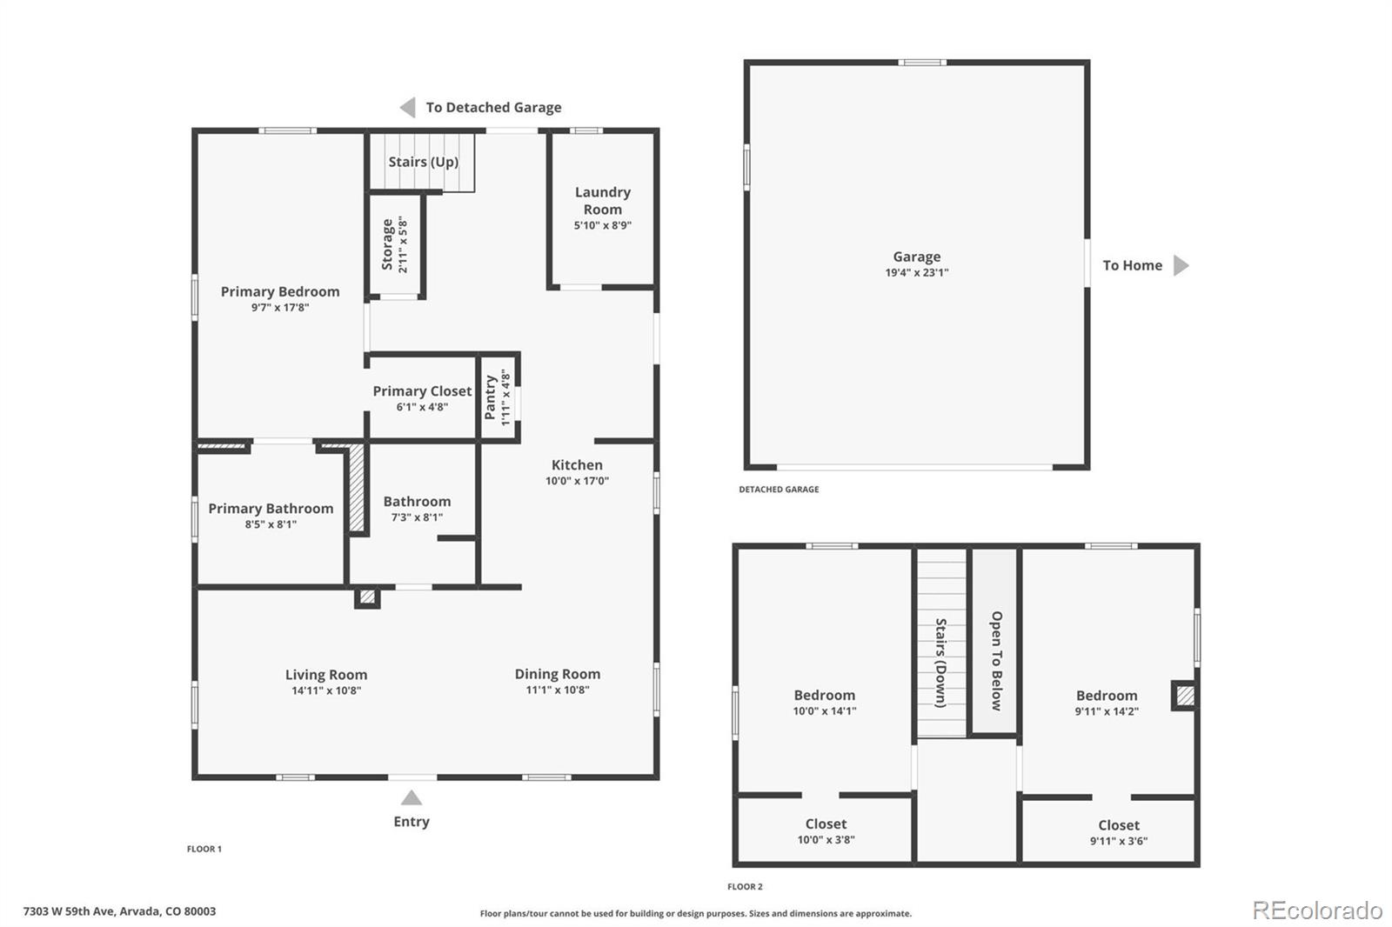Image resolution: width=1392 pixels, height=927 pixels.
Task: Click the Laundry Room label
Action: click(x=602, y=201)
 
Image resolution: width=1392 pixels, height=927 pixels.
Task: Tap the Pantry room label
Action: click(x=491, y=397)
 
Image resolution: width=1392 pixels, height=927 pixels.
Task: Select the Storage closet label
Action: click(x=387, y=244)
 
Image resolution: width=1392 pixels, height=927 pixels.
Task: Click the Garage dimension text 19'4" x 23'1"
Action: click(x=917, y=273)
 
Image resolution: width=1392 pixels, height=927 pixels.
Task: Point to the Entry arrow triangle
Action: click(x=412, y=798)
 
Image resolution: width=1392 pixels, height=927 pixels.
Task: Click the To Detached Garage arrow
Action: click(x=407, y=107)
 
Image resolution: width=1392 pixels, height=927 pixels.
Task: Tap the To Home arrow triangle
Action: click(x=1181, y=265)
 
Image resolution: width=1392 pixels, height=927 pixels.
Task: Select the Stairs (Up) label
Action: click(x=423, y=162)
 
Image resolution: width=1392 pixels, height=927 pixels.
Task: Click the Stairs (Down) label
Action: click(x=940, y=663)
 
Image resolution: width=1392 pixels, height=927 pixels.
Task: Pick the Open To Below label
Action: click(x=996, y=661)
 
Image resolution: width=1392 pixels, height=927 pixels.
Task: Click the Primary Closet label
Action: click(x=422, y=391)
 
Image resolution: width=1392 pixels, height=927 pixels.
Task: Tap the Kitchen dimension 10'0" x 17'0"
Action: click(x=577, y=481)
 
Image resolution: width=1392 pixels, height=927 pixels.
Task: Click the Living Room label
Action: click(x=326, y=675)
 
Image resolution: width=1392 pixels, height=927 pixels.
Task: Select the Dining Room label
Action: click(x=557, y=674)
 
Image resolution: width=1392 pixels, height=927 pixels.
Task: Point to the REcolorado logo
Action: click(x=1317, y=910)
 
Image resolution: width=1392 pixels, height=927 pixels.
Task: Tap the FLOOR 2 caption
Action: click(x=745, y=887)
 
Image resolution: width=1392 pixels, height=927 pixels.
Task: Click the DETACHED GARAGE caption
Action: click(x=779, y=490)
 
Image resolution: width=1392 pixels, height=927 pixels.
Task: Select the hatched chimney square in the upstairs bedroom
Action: click(x=1184, y=696)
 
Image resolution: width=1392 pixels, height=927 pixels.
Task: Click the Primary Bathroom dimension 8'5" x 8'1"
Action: click(x=271, y=524)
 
